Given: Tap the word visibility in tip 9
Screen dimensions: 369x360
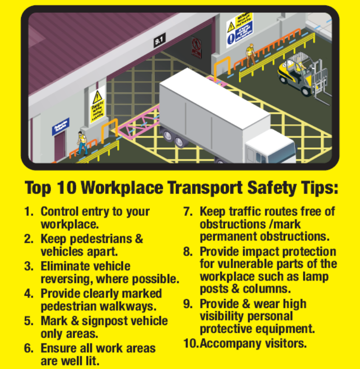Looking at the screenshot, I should pyautogui.click(x=227, y=316).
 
